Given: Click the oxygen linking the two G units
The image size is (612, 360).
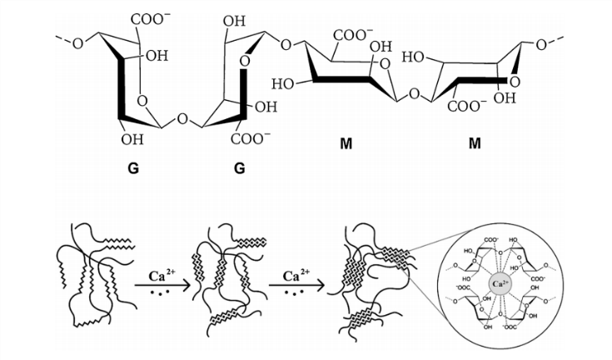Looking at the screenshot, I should pos(183,120).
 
